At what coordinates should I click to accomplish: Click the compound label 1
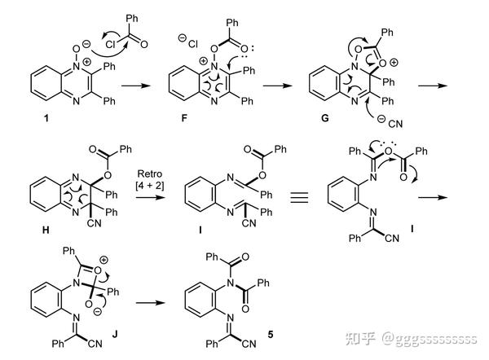46,118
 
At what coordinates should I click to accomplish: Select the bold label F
184,118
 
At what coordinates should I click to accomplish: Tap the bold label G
324,118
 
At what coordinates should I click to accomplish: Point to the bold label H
46,230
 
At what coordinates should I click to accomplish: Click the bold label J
115,335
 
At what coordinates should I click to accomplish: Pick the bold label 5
270,335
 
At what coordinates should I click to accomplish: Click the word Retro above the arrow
150,173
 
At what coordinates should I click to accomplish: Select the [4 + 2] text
150,186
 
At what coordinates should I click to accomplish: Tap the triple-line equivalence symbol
299,197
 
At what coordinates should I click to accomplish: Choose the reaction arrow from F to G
278,85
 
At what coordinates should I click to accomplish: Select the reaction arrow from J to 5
150,302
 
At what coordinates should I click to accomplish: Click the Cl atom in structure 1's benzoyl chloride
110,45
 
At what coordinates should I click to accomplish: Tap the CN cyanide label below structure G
395,124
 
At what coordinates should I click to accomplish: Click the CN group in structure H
95,223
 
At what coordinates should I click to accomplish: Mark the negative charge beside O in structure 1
86,44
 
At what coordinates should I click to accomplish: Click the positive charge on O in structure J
104,260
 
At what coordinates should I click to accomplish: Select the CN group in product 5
249,344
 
